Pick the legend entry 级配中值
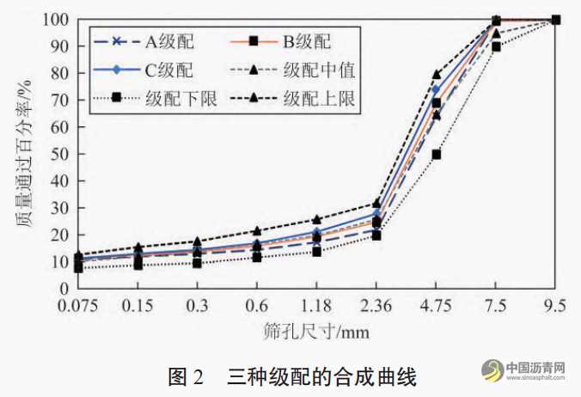[x=323, y=69]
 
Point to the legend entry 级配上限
[x=323, y=98]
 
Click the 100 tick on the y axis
[x=52, y=20]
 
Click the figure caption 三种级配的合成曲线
[x=321, y=376]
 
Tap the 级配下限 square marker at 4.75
[x=437, y=155]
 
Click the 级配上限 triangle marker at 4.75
[x=437, y=75]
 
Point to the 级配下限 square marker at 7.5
[x=496, y=47]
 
